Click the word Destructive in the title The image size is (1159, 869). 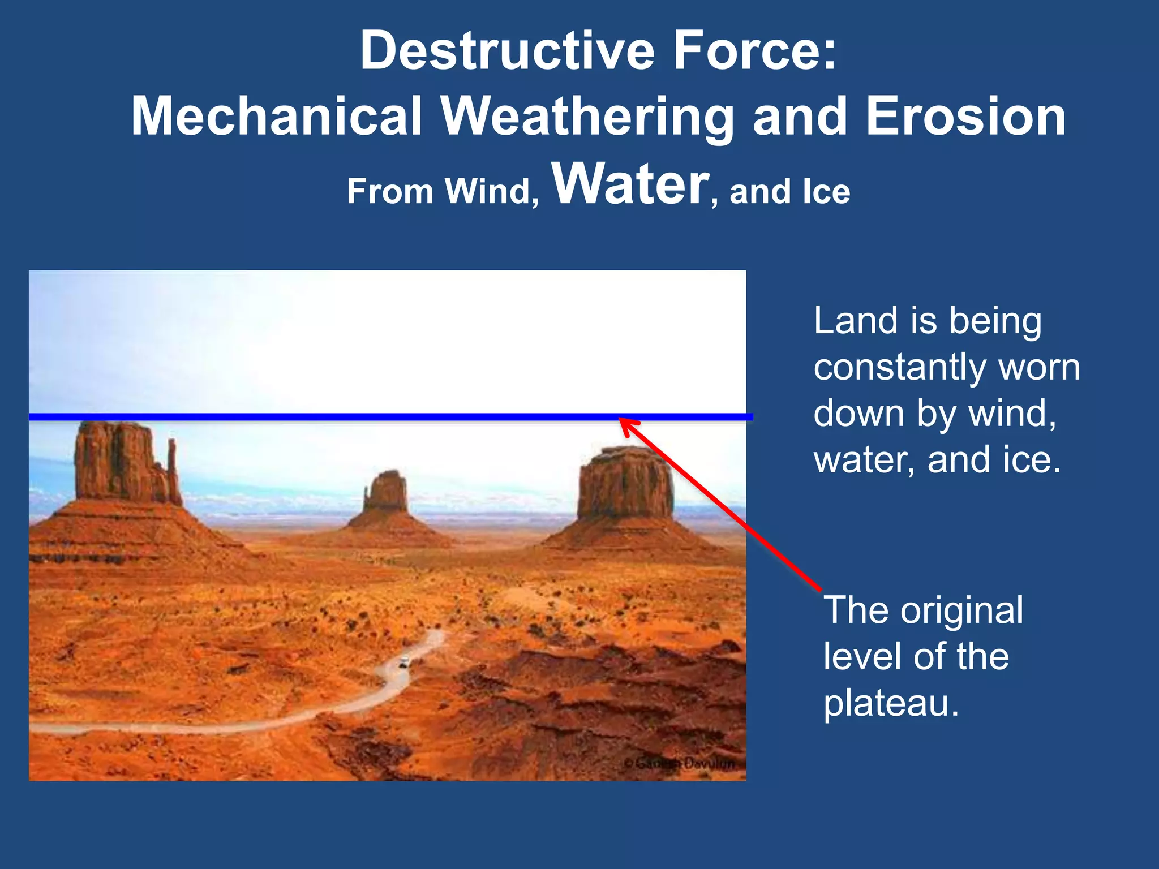(x=507, y=51)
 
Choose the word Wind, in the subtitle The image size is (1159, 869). (x=491, y=191)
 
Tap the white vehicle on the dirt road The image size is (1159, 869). (x=403, y=660)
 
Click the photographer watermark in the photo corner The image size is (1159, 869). (x=679, y=763)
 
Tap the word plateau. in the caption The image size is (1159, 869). (x=891, y=703)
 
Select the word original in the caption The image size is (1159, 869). (x=961, y=610)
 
